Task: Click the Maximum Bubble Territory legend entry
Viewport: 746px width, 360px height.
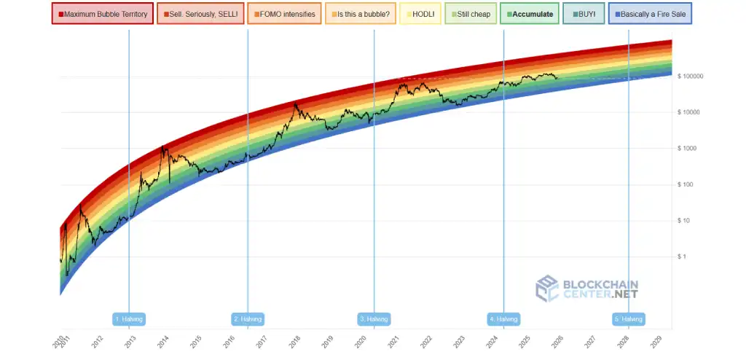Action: point(103,14)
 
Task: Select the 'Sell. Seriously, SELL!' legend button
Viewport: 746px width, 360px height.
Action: point(199,14)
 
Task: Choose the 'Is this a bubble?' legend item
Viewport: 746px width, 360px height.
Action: point(360,14)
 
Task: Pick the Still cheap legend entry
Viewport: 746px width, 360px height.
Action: point(470,14)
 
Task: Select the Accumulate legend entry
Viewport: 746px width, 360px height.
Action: point(530,14)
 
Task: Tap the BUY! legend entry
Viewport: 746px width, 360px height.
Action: point(584,14)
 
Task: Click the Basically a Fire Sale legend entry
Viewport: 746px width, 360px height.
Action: point(650,14)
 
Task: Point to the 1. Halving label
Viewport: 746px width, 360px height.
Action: point(130,319)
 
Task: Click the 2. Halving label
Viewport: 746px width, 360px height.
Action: point(248,319)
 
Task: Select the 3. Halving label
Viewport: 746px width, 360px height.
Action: point(374,319)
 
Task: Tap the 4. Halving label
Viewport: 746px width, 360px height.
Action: point(503,319)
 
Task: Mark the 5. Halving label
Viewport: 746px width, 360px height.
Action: point(629,319)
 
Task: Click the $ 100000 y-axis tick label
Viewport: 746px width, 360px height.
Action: point(700,77)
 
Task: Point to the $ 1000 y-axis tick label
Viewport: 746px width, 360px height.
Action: point(696,149)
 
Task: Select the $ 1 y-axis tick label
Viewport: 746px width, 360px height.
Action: point(690,257)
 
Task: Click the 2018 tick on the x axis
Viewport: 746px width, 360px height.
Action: point(294,342)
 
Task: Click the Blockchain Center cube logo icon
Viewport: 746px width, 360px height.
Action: point(548,288)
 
